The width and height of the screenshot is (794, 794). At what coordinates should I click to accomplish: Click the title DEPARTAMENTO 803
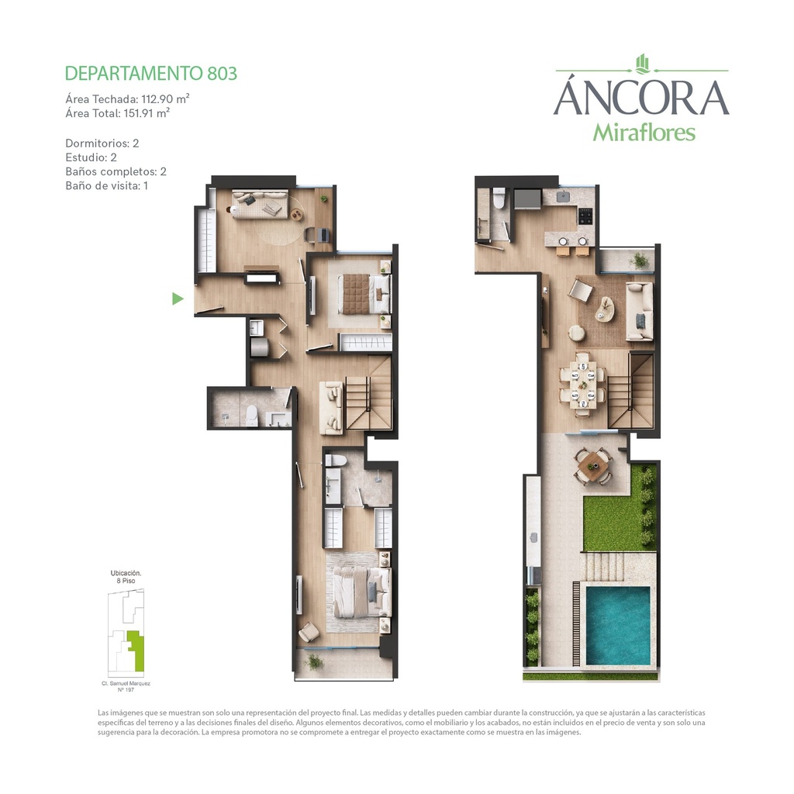click(151, 74)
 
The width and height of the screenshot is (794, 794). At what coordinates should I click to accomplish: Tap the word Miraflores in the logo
click(644, 133)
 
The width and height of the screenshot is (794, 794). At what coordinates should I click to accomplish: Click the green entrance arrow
click(178, 299)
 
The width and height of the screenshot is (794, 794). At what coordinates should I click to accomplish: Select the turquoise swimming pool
click(618, 626)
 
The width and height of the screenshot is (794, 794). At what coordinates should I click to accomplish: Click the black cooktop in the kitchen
click(585, 216)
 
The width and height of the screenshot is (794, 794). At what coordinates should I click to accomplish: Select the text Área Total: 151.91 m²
click(118, 113)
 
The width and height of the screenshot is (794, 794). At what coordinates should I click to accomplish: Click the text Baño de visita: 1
click(106, 186)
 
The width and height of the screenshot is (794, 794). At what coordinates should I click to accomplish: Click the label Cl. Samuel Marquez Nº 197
click(126, 686)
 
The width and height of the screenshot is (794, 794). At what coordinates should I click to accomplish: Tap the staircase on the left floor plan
click(368, 392)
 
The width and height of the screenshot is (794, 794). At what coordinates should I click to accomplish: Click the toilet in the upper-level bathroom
click(499, 198)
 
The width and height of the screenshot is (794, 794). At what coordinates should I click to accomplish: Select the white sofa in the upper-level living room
click(640, 312)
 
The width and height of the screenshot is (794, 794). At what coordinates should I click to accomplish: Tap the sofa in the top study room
click(260, 204)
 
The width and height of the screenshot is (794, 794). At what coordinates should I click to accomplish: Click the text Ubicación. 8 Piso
click(126, 577)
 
